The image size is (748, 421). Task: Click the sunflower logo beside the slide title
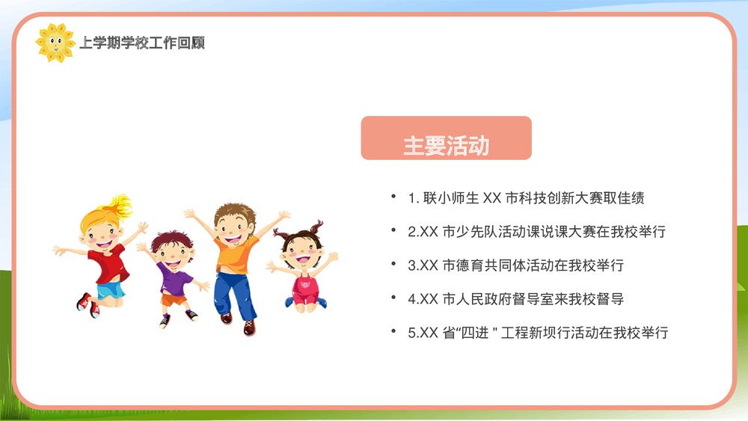coord(55,42)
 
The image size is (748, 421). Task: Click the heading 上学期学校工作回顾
coord(142,43)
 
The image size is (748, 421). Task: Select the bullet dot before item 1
coord(393,197)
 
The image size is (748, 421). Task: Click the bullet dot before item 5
coord(393,331)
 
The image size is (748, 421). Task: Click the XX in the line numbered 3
coord(428,266)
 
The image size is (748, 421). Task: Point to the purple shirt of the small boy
coord(174,278)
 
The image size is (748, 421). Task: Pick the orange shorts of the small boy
coord(174,299)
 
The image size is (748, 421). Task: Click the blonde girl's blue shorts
coord(110,289)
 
